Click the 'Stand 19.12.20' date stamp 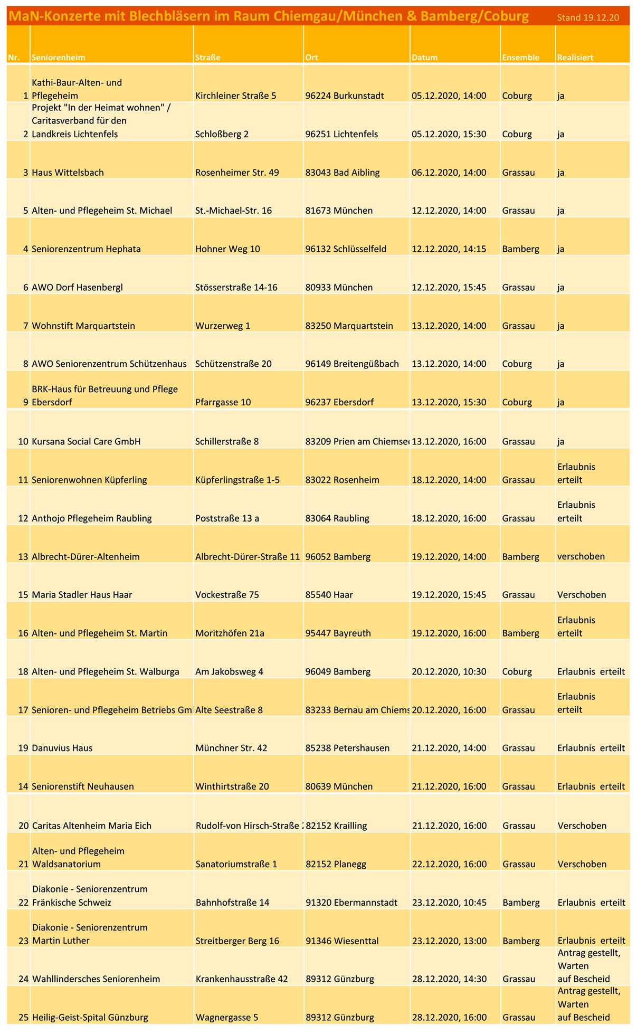click(588, 18)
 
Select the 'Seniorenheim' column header click(58, 58)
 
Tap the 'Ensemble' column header click(520, 58)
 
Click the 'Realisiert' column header click(575, 58)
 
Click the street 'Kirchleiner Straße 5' click(235, 96)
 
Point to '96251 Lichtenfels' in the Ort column click(341, 134)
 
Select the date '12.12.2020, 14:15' click(449, 249)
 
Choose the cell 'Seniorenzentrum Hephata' click(86, 249)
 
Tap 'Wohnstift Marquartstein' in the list click(83, 326)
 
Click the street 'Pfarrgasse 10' click(223, 402)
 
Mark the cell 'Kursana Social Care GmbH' click(86, 441)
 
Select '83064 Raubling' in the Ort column click(338, 518)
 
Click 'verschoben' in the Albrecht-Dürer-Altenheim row click(581, 556)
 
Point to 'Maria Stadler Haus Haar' click(82, 595)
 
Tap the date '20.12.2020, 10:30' click(449, 671)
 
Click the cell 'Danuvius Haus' click(62, 748)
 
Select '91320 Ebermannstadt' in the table click(351, 902)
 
